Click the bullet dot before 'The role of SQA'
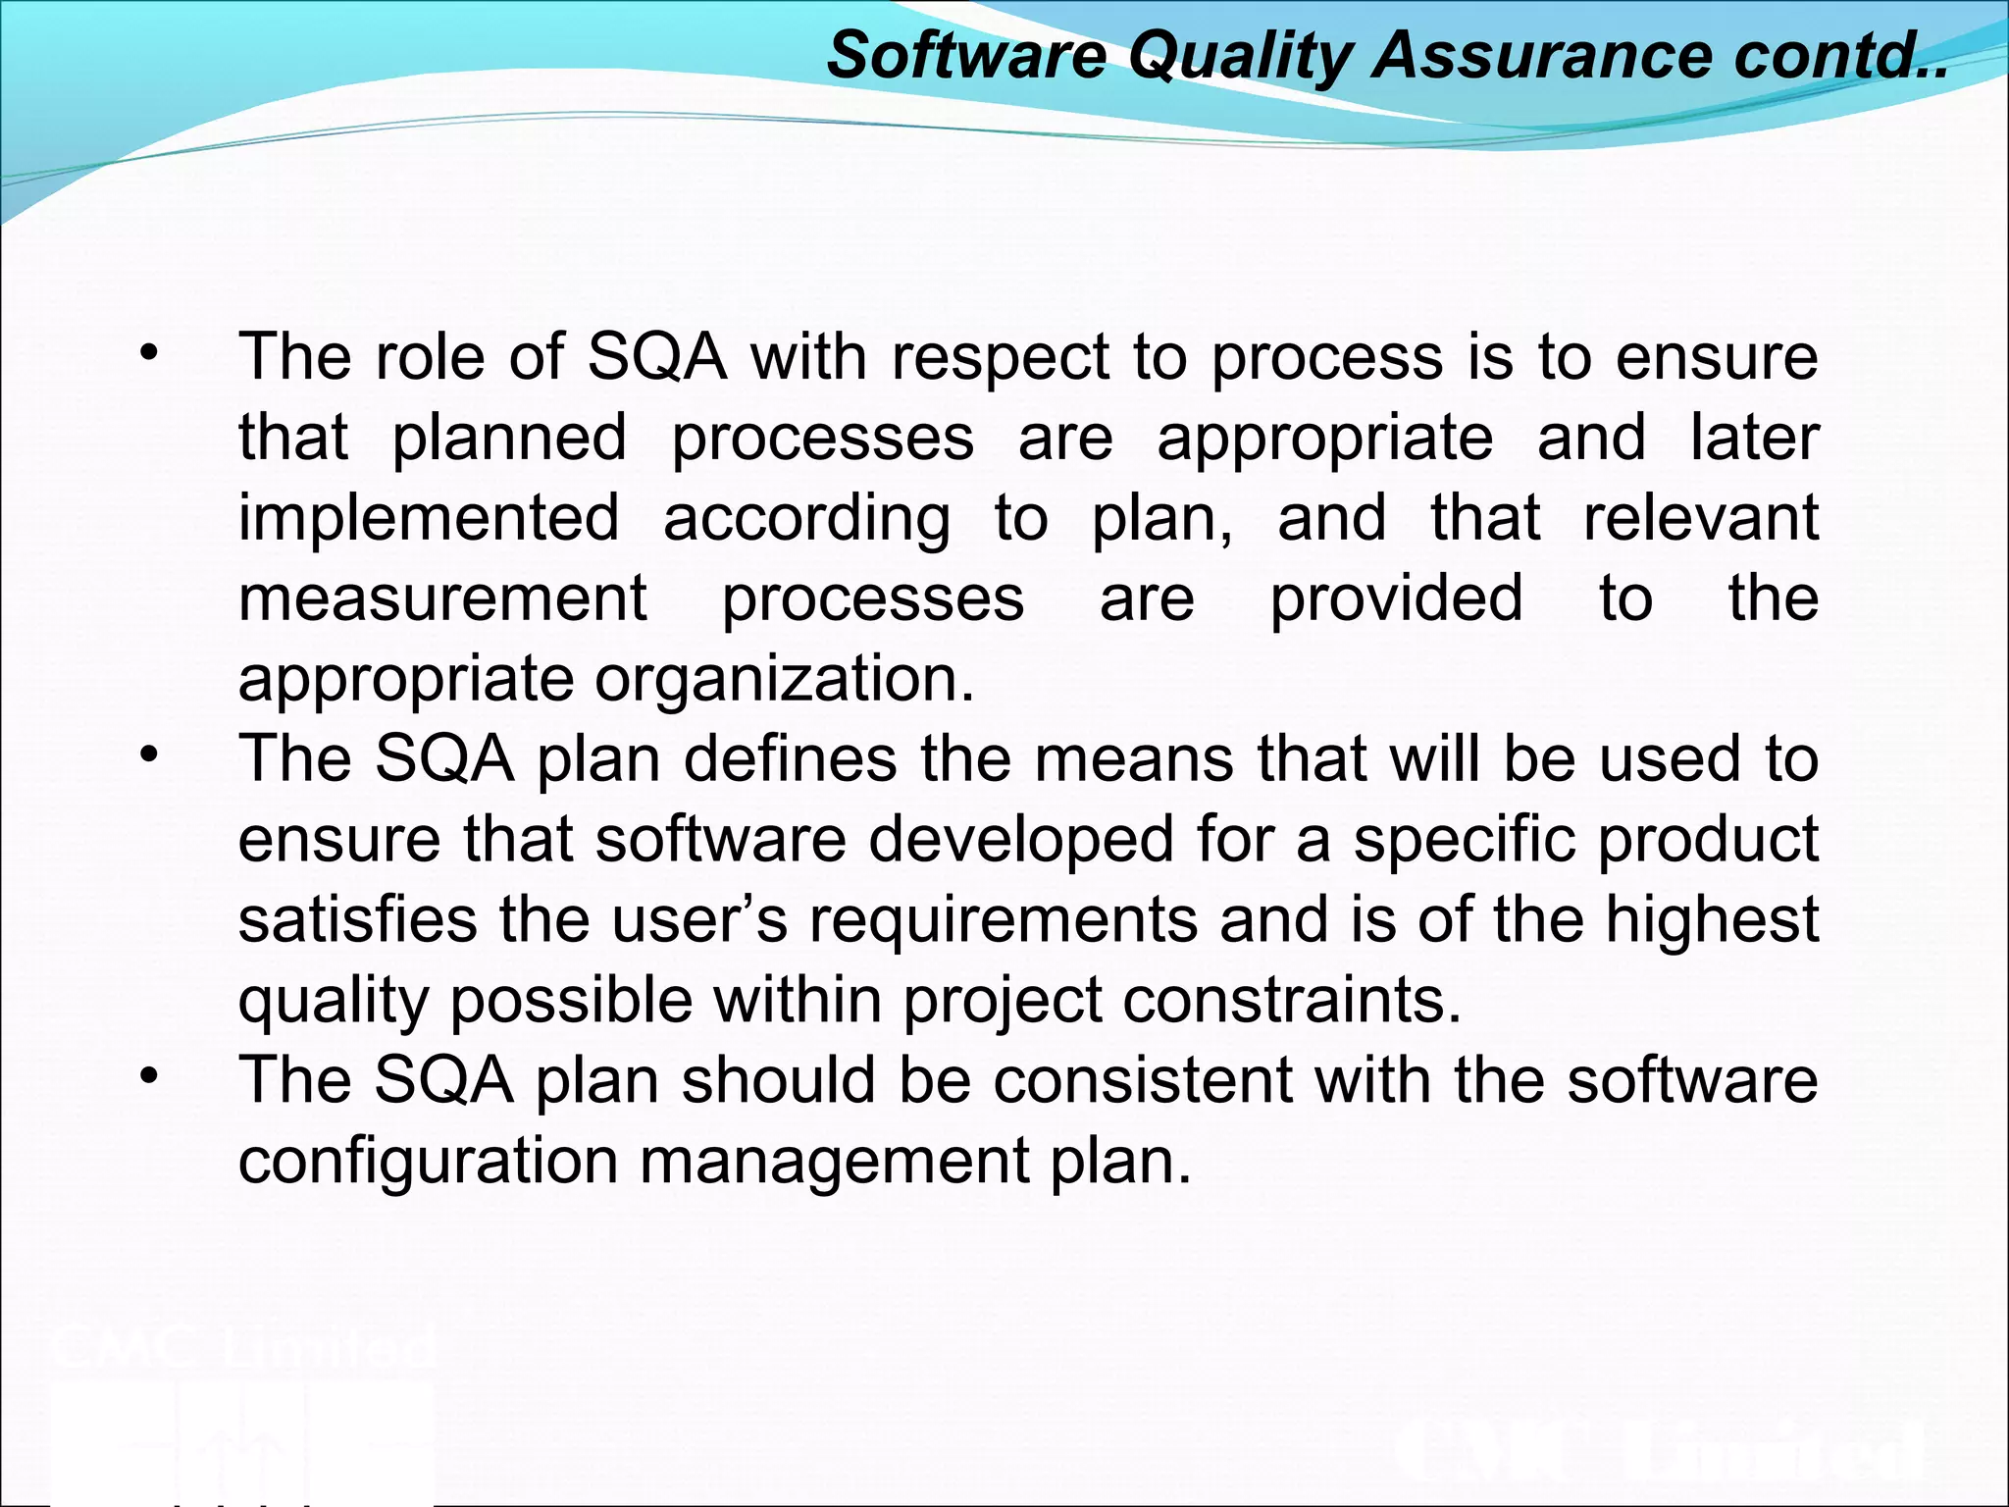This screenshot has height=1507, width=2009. click(x=148, y=353)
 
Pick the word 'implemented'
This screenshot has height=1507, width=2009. click(x=429, y=518)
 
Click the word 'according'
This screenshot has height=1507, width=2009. click(x=806, y=520)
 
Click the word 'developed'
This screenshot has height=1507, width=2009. click(x=1020, y=841)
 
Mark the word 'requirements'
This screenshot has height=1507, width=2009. click(x=1003, y=922)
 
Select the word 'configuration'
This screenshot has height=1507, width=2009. click(x=428, y=1163)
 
